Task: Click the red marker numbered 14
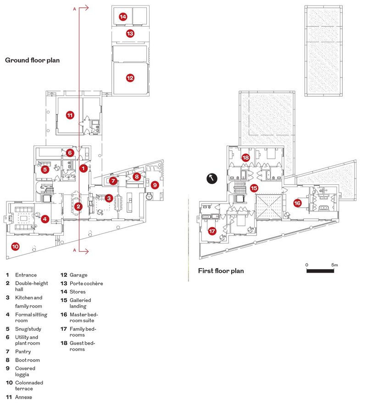click(123, 17)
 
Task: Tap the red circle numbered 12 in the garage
click(130, 78)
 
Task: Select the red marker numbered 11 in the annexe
click(70, 115)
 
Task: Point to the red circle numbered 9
click(155, 185)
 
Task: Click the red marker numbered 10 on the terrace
click(15, 246)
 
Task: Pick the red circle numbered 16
click(297, 203)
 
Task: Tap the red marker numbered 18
click(245, 157)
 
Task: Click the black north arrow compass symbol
click(212, 178)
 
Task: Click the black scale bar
click(320, 271)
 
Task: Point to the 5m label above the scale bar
click(334, 265)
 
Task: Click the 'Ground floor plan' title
click(33, 60)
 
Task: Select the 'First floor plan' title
click(221, 271)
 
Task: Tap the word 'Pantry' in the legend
click(23, 351)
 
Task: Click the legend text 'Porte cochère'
click(86, 283)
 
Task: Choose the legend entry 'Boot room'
click(28, 360)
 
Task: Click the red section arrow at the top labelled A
click(83, 8)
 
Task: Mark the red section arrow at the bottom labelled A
click(83, 251)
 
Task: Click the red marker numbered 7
click(113, 181)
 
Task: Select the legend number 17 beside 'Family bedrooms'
click(64, 329)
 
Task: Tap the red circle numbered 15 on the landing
click(254, 188)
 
